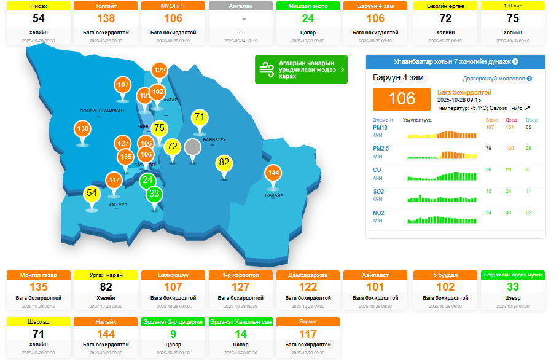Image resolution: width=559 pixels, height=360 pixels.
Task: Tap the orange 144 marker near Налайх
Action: pyautogui.click(x=274, y=174)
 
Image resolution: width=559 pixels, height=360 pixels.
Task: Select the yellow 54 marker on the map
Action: pyautogui.click(x=92, y=194)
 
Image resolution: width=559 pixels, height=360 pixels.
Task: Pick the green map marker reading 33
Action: pyautogui.click(x=154, y=194)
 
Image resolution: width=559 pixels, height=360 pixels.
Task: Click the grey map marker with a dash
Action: pyautogui.click(x=194, y=147)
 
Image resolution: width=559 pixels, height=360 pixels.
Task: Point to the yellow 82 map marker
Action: pyautogui.click(x=224, y=163)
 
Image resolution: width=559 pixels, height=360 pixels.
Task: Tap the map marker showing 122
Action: pyautogui.click(x=160, y=71)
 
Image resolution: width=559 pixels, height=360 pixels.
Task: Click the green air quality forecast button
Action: pyautogui.click(x=301, y=69)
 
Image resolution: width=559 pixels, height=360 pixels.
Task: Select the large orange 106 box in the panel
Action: pyautogui.click(x=402, y=99)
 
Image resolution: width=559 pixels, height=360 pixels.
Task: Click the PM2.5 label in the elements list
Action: pyautogui.click(x=381, y=149)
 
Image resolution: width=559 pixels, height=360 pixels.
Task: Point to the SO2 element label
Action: pyautogui.click(x=379, y=192)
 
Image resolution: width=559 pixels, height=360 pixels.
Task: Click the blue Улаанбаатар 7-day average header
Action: pyautogui.click(x=455, y=61)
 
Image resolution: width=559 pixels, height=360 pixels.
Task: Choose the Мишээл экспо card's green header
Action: pyautogui.click(x=308, y=6)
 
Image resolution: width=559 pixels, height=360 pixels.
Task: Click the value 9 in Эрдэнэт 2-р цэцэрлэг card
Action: pyautogui.click(x=173, y=334)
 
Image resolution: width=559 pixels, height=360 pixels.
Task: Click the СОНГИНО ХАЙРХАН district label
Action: pyautogui.click(x=102, y=111)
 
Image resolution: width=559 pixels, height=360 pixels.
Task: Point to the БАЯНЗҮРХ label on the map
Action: pyautogui.click(x=214, y=140)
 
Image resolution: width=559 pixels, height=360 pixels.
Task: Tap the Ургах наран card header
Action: pyautogui.click(x=106, y=275)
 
